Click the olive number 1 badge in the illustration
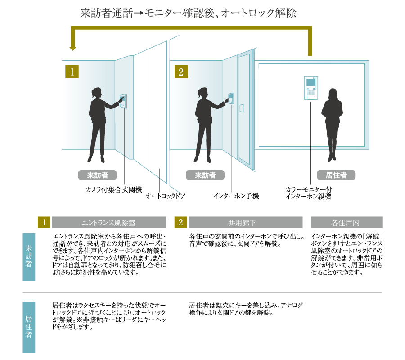[x=72, y=72]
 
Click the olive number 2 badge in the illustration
[x=180, y=72]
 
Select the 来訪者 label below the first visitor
[x=97, y=175]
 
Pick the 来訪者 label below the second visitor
[x=205, y=175]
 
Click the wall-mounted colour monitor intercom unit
[x=310, y=88]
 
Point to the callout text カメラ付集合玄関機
[x=114, y=189]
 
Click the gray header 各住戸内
[x=347, y=223]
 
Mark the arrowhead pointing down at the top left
[x=71, y=47]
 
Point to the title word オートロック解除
[x=263, y=13]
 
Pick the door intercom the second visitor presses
[x=231, y=99]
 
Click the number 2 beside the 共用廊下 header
[x=180, y=223]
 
